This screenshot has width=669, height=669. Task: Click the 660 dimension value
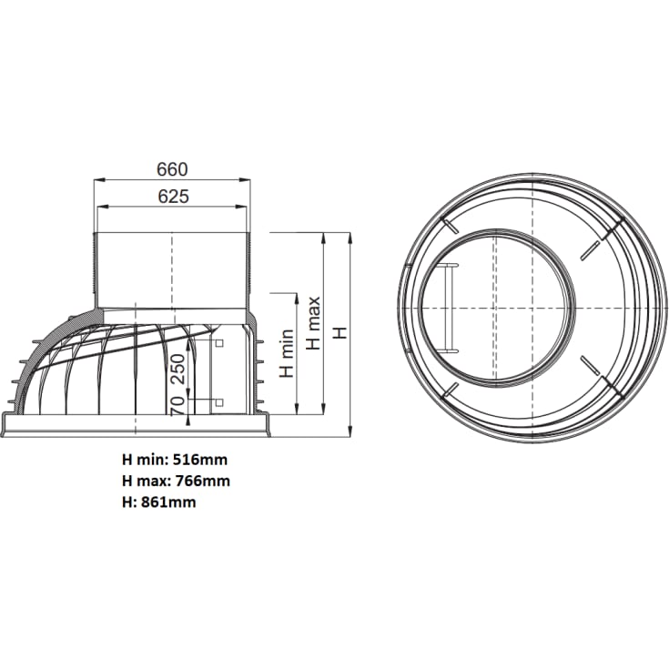pyautogui.click(x=171, y=169)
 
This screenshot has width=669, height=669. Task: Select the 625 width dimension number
pyautogui.click(x=173, y=197)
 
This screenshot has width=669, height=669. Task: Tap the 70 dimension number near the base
pyautogui.click(x=178, y=400)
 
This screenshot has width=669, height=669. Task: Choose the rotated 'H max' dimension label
pyautogui.click(x=313, y=322)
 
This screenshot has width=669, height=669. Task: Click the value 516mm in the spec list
pyautogui.click(x=196, y=461)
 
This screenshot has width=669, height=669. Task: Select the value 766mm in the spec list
pyautogui.click(x=199, y=481)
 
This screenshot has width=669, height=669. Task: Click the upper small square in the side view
pyautogui.click(x=218, y=344)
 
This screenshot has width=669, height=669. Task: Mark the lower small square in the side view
pyautogui.click(x=218, y=401)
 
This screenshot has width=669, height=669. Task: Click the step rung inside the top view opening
pyautogui.click(x=449, y=307)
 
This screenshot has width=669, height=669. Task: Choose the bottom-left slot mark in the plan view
pyautogui.click(x=450, y=390)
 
